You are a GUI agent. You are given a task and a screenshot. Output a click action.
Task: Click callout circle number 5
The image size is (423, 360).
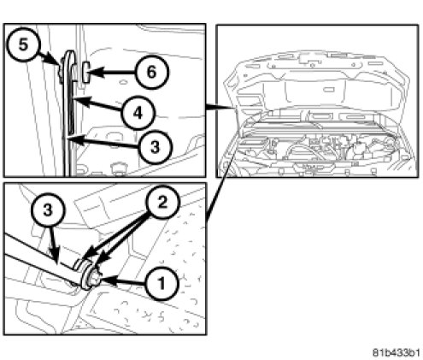pos(24,44)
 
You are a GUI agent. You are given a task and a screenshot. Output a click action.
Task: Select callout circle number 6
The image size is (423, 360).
pos(152,72)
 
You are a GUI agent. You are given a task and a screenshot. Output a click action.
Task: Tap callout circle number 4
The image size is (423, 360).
pos(138,113)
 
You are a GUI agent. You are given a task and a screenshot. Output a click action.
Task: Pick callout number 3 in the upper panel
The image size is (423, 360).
pos(156,147)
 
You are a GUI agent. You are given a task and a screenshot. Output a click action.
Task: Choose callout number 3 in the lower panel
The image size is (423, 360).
pos(48,210)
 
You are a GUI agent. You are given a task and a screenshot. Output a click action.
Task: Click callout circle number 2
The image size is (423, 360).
pos(162,202)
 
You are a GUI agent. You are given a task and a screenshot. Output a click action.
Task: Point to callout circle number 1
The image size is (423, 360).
pos(162,284)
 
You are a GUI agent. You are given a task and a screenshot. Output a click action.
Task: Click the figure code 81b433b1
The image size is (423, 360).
pos(396,352)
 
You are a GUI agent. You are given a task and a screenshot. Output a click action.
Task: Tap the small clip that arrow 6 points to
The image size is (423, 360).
pos(85,72)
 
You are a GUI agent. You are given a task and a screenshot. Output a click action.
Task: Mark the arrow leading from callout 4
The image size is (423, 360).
pos(98,104)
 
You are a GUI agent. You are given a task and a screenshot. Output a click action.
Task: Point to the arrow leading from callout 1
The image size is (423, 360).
pos(123,281)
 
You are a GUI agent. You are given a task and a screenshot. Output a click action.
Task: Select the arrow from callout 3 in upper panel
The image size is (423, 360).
pos(103,143)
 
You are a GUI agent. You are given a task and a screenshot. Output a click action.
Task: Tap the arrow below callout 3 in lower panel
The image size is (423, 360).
pos(54,245)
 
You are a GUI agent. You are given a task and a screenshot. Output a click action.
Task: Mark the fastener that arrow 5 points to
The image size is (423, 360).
pos(61,70)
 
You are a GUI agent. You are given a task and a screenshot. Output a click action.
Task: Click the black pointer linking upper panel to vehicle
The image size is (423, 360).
pos(220,107)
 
